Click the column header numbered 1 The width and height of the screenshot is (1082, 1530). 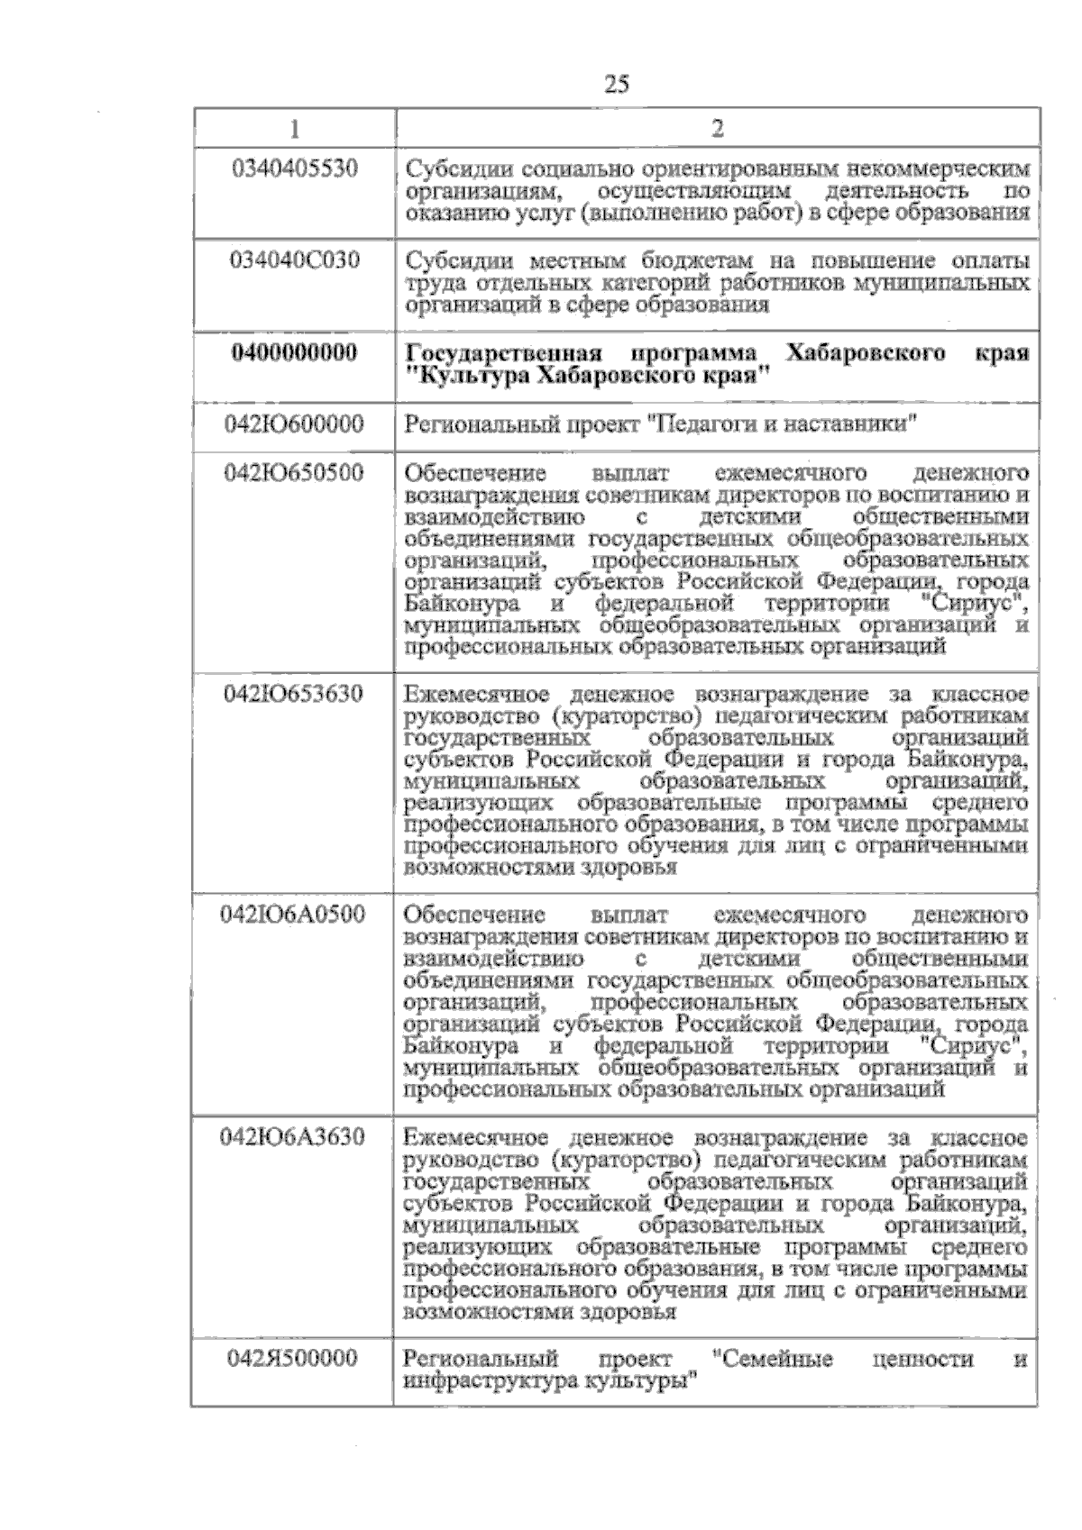pyautogui.click(x=294, y=129)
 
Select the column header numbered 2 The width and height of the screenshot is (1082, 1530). pyautogui.click(x=717, y=129)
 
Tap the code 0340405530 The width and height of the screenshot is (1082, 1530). pyautogui.click(x=295, y=168)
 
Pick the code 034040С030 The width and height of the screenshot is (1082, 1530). pyautogui.click(x=295, y=261)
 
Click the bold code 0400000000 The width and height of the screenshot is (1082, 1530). pyautogui.click(x=295, y=353)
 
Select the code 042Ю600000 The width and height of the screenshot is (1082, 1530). pyautogui.click(x=295, y=423)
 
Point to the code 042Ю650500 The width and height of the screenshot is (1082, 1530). pyautogui.click(x=295, y=472)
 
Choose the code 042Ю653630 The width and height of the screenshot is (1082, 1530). pyautogui.click(x=295, y=694)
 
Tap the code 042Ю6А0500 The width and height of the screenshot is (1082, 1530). pyautogui.click(x=295, y=915)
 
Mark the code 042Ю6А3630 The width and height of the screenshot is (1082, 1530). pyautogui.click(x=295, y=1137)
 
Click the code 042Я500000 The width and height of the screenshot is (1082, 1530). pyautogui.click(x=295, y=1359)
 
